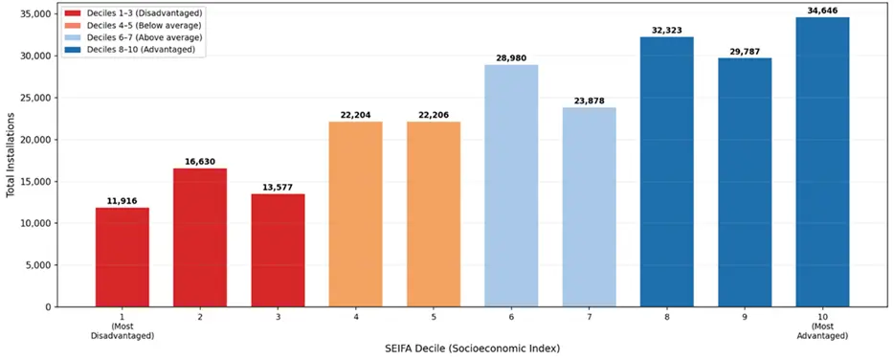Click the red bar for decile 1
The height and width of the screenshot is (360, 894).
122,257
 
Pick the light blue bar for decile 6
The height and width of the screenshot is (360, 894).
511,186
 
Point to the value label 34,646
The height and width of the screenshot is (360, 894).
822,10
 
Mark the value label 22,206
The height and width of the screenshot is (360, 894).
434,114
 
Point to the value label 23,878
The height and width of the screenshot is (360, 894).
589,100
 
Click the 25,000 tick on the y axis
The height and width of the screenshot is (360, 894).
36,98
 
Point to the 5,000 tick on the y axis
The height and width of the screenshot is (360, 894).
39,265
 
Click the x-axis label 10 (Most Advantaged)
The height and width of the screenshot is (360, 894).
822,326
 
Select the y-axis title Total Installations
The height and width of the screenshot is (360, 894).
11,155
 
